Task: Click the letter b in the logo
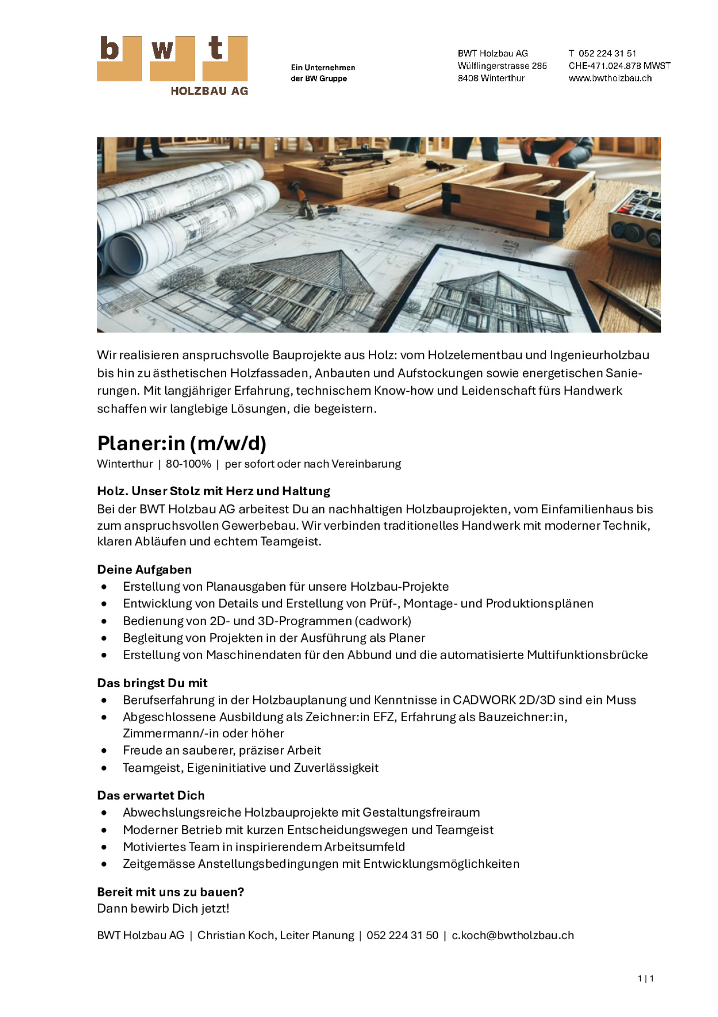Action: (109, 49)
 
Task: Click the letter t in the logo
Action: (215, 49)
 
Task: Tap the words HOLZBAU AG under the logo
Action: (209, 91)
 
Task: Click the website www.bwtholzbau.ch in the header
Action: (610, 78)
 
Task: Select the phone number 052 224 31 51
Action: (607, 53)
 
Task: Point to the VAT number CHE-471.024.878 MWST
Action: (619, 66)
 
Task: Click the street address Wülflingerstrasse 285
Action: (502, 66)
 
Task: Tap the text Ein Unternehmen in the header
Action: (323, 67)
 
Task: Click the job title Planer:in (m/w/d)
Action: (181, 443)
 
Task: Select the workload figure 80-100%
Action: (188, 464)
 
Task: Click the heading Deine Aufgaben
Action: (144, 570)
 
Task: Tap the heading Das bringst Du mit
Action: (152, 683)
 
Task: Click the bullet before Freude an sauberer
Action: (104, 751)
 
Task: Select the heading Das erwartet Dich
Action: (150, 795)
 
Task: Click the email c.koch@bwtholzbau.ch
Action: (512, 935)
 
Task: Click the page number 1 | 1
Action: (645, 978)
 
